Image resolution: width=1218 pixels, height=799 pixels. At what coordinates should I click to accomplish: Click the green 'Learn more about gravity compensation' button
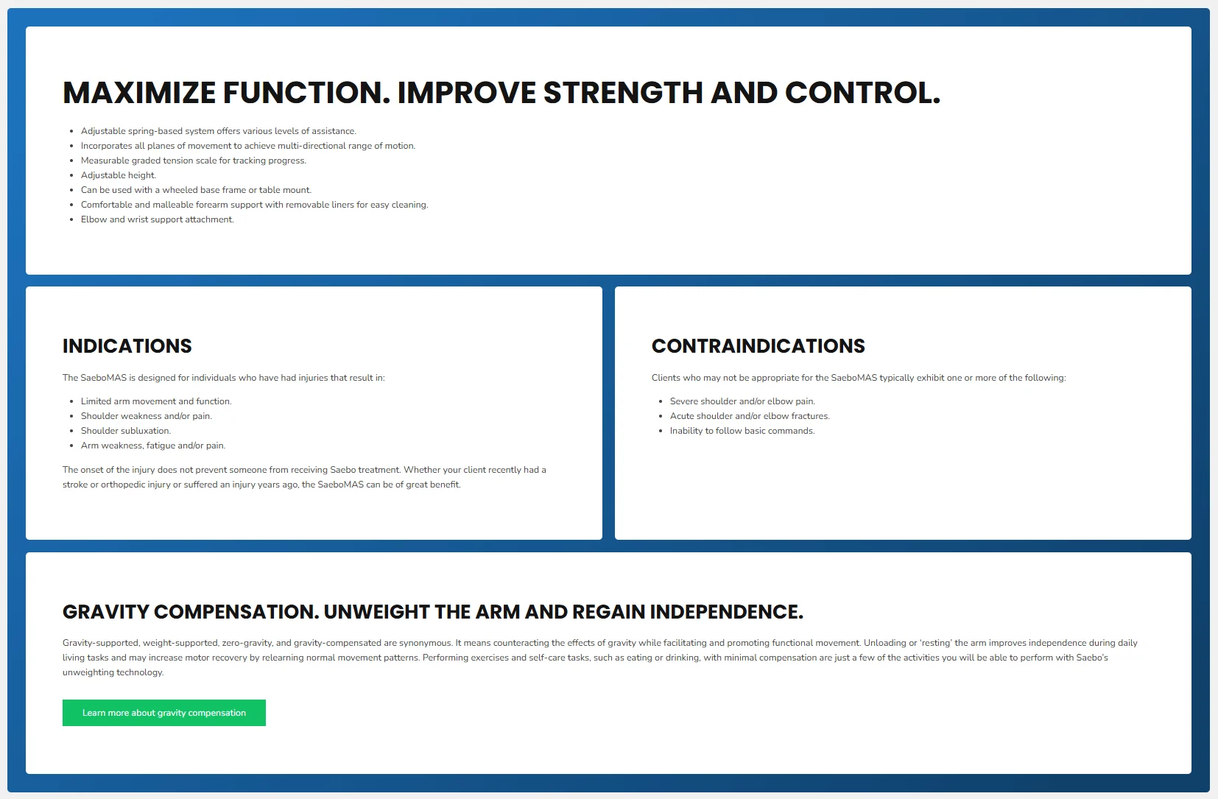[x=164, y=713]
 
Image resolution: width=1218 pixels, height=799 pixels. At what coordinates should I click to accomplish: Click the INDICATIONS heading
[x=127, y=346]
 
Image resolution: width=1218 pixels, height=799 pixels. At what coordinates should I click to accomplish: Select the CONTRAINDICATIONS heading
[x=758, y=346]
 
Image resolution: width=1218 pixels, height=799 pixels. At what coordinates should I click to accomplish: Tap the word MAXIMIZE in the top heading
[x=139, y=93]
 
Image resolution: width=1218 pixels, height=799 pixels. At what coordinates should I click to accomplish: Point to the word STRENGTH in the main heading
[x=623, y=93]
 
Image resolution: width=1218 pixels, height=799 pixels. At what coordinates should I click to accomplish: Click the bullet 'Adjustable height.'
[x=119, y=175]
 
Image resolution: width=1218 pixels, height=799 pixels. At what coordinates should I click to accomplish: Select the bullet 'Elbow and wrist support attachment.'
[x=157, y=219]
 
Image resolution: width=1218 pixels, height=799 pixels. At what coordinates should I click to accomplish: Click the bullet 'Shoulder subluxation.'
[x=126, y=431]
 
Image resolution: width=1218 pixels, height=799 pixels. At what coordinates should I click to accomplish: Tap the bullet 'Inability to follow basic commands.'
[x=742, y=431]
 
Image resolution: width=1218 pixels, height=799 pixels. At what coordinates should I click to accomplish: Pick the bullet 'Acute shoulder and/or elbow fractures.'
[x=750, y=416]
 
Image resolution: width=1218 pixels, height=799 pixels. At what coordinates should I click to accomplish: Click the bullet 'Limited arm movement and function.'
[x=156, y=401]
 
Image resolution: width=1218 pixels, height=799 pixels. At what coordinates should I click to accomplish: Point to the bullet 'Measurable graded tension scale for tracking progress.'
[x=194, y=161]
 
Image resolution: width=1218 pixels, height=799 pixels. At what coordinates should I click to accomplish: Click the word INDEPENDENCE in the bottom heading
[x=726, y=611]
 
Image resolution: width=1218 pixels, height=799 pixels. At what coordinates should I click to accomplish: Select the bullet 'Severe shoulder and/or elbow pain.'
[x=742, y=401]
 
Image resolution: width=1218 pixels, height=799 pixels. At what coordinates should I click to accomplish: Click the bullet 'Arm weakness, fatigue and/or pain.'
[x=152, y=446]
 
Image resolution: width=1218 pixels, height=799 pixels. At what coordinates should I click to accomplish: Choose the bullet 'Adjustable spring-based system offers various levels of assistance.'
[x=219, y=131]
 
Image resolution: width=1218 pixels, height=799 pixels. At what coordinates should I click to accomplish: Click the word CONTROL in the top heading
[x=862, y=93]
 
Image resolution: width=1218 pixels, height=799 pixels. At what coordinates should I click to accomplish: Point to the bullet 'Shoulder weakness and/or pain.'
[x=147, y=416]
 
